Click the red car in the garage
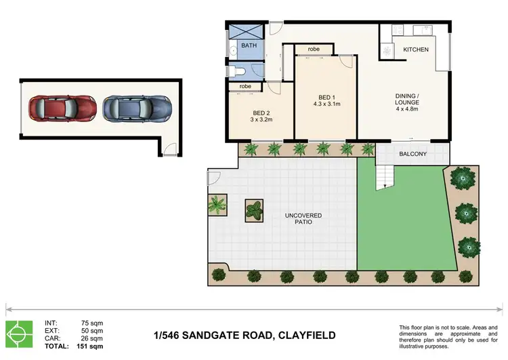click(x=62, y=107)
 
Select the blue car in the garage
click(x=136, y=107)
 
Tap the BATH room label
click(x=249, y=46)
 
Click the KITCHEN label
click(x=416, y=50)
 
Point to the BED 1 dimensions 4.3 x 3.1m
click(x=326, y=104)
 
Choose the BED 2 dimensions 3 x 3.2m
click(x=261, y=119)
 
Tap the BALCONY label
click(x=412, y=154)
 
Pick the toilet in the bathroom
click(x=239, y=73)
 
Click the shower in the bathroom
click(x=245, y=32)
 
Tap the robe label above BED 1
click(x=314, y=49)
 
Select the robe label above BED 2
click(x=245, y=87)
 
